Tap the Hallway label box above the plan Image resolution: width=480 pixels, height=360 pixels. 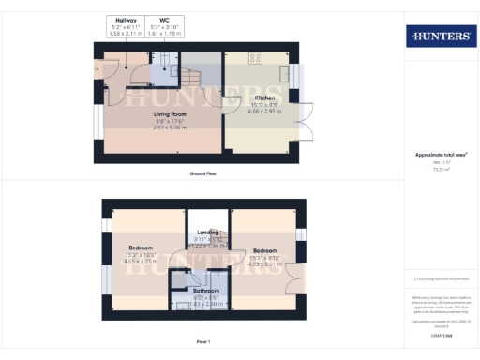pos(125,25)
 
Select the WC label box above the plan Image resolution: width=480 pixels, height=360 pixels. pos(165,25)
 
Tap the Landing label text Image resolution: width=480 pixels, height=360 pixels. pos(208,232)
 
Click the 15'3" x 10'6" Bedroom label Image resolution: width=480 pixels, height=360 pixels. pos(141,251)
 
